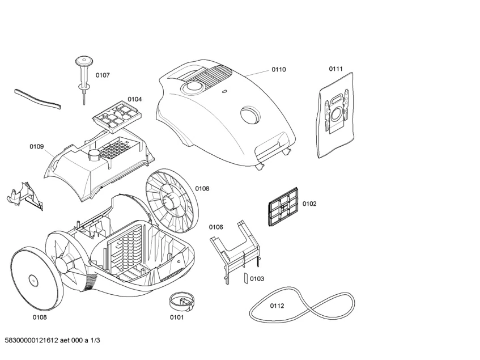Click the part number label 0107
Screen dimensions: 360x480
[x=102, y=75]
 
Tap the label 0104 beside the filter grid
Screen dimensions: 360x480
[x=134, y=99]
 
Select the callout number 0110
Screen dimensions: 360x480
[x=278, y=69]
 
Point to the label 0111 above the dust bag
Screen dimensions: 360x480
[x=335, y=69]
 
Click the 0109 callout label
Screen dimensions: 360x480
[x=36, y=147]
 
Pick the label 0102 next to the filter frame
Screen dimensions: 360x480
[x=309, y=204]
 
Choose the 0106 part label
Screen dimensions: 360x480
[x=216, y=227]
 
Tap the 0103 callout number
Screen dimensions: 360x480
[x=257, y=279]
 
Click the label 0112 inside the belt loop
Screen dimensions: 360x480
[x=277, y=306]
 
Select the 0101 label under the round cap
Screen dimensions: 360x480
[x=177, y=317]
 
